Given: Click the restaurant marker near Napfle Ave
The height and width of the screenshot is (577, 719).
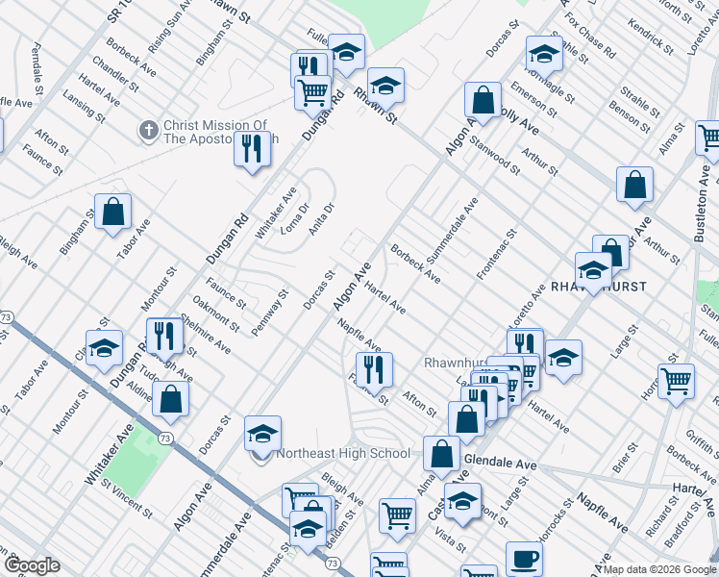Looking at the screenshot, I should (x=373, y=368).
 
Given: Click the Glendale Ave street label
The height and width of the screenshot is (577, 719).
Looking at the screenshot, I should (x=500, y=463).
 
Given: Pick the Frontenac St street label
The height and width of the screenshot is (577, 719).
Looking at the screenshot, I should (x=497, y=254).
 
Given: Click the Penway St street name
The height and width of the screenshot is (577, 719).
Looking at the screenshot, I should (x=270, y=314).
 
